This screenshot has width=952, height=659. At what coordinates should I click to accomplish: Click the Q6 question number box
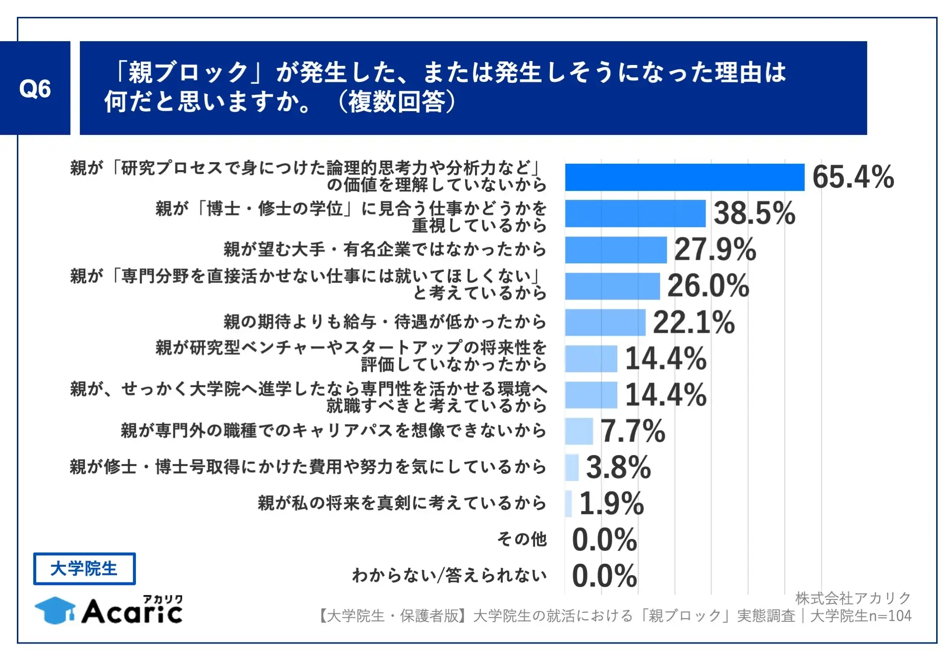pos(35,88)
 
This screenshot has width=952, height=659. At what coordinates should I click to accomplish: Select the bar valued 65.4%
pos(684,177)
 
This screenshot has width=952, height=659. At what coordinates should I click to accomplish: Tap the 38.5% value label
pos(754,213)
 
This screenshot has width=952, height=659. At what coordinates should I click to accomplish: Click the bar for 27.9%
pos(615,250)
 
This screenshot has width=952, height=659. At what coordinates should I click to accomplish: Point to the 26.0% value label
pos(708,286)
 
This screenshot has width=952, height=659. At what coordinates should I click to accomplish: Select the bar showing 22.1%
pos(605,322)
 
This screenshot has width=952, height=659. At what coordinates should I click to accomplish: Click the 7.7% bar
pos(579,431)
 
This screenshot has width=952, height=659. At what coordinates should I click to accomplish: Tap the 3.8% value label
pos(618,467)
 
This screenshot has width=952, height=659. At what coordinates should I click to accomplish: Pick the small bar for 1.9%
pos(568,504)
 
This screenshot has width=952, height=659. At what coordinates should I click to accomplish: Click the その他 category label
pos(522,539)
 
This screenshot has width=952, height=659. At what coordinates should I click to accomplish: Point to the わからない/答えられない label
pos(449,575)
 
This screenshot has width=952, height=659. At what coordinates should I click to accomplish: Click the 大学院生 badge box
pos(84,569)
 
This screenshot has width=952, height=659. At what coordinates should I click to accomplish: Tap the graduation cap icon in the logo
pos(55,610)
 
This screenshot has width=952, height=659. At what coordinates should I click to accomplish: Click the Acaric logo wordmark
pos(132,611)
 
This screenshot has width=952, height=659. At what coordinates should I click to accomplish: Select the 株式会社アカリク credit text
pos(853,598)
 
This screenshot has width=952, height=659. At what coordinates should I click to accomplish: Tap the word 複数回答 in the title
pos(396,102)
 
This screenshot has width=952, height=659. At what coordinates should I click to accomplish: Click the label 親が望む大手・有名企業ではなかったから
pos(385,249)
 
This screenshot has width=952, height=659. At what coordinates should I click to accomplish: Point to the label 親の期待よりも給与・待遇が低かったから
pos(385,322)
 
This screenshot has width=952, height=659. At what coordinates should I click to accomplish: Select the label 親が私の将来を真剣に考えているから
pos(402,503)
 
